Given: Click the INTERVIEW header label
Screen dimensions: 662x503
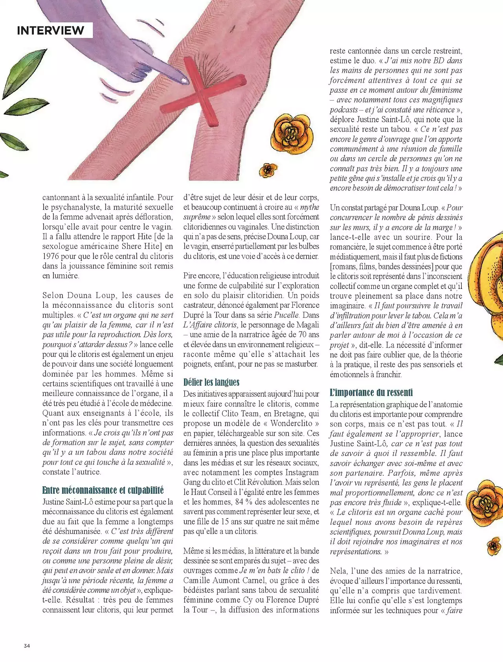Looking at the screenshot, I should coord(50,30).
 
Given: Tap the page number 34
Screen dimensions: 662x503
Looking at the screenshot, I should coord(27,645).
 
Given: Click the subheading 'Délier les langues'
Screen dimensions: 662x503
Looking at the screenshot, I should coord(211,382).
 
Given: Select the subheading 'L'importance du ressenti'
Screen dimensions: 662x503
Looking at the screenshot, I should coord(371,392).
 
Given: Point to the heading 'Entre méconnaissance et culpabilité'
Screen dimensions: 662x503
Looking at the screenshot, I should coord(103,490).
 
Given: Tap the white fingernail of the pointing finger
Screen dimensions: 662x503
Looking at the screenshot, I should coord(184,81).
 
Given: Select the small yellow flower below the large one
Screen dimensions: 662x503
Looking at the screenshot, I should coord(268,170).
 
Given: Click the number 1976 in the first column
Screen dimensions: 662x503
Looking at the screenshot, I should coord(53,256).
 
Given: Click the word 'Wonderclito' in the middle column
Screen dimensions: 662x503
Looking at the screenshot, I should coord(291,423).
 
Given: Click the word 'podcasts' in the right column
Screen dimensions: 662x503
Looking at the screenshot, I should coord(344,110).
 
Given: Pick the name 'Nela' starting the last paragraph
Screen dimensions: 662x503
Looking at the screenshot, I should coord(338,571).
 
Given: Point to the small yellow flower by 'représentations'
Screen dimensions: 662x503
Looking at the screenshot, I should coord(494,546).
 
